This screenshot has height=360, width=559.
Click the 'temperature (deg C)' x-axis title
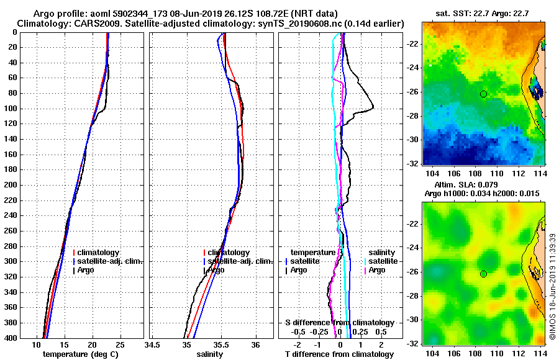(80, 354)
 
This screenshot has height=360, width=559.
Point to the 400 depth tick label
(11, 338)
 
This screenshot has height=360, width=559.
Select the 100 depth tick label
(11, 109)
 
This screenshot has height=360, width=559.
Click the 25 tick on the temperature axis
(120, 344)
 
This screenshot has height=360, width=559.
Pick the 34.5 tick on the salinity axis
(152, 344)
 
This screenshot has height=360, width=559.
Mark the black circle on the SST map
(483, 94)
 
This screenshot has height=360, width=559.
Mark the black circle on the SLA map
(483, 274)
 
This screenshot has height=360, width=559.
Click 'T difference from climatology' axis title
(340, 354)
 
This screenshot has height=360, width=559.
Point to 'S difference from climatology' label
(340, 323)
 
